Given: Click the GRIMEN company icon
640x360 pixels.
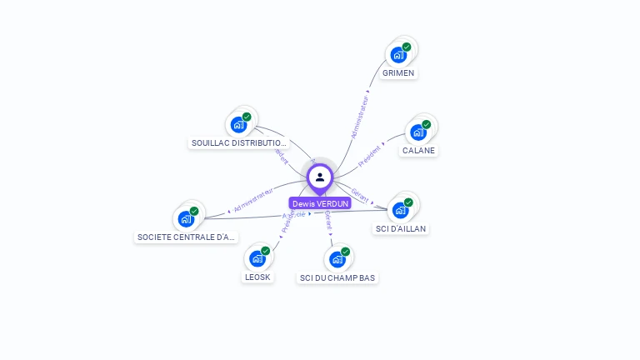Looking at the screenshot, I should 398,55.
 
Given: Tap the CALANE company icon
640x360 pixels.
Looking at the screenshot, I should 418,132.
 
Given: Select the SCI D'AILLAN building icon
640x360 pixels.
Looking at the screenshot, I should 401,210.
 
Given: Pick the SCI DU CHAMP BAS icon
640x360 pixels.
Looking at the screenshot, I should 337,258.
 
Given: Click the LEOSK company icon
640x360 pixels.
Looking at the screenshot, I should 257,258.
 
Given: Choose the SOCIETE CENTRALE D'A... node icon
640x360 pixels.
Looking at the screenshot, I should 186,218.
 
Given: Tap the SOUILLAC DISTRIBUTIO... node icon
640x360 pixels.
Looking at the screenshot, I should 239,125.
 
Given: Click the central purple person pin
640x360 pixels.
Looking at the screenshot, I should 320,177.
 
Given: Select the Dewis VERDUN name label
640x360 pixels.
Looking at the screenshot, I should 320,203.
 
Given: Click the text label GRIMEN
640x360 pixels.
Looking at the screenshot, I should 398,73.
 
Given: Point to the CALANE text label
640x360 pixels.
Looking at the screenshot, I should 418,151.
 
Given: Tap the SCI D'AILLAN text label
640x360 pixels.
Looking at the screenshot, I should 401,228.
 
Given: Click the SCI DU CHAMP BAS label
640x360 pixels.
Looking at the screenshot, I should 337,277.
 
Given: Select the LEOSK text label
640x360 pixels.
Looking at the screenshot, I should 257,277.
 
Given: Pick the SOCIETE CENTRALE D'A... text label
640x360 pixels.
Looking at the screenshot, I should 187,237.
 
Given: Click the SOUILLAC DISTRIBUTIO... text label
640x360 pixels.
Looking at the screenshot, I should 239,143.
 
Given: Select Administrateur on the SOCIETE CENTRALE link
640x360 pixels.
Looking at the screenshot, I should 253,199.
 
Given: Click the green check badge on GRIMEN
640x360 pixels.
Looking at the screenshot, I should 407,47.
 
